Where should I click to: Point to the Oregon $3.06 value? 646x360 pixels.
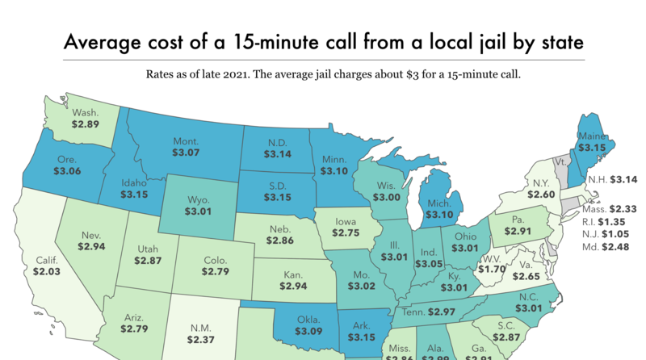pos(69,172)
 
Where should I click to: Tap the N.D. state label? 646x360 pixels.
pos(278,142)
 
